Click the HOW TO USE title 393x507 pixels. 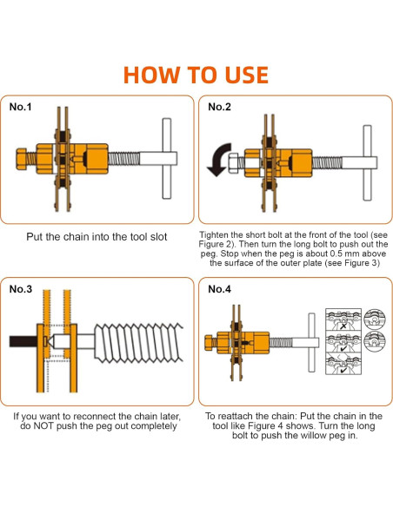(x=196, y=73)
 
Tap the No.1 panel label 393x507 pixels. (x=20, y=108)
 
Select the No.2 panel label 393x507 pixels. (x=219, y=108)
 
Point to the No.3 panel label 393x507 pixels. (x=20, y=289)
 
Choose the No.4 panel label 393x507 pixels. (x=219, y=289)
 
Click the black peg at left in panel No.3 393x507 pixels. (x=22, y=342)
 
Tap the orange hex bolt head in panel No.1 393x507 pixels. (x=24, y=161)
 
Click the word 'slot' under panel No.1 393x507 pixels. (x=157, y=236)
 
